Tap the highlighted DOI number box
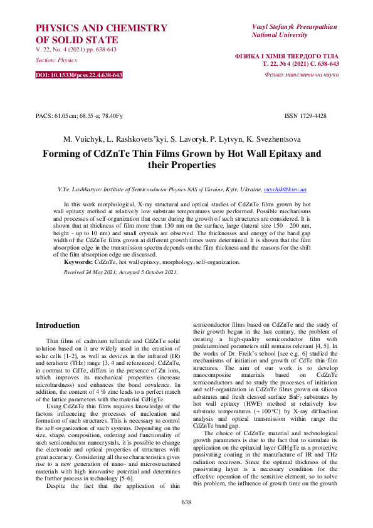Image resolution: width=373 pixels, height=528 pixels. [x=79, y=75]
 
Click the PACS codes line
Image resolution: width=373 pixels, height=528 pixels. [x=79, y=116]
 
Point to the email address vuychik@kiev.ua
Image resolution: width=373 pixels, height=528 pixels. [x=285, y=189]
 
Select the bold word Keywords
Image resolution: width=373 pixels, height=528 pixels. [x=78, y=261]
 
